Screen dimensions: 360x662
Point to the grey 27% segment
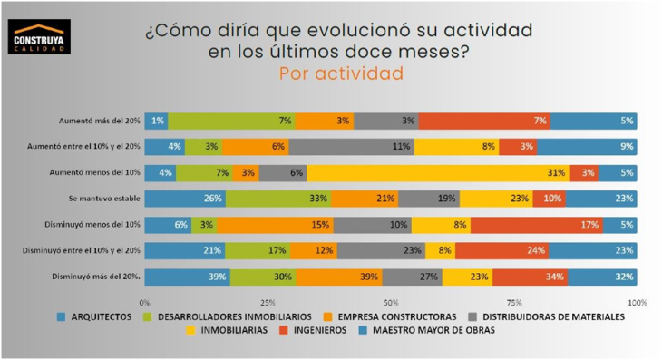click(412, 277)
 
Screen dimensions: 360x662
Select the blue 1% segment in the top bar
click(156, 121)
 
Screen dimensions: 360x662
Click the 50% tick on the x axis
click(391, 302)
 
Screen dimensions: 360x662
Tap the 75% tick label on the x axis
click(513, 302)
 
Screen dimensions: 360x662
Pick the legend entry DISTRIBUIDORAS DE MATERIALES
click(548, 316)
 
